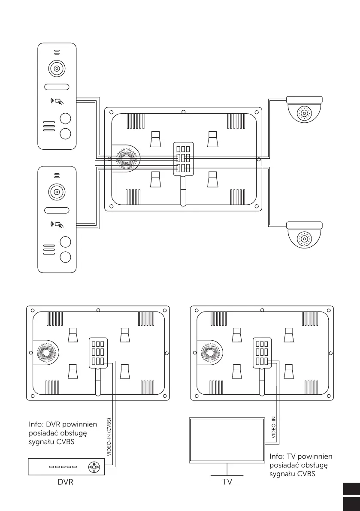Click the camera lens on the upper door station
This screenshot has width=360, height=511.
[57, 69]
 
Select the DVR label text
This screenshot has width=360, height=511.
[66, 482]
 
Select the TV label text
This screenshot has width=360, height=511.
[227, 482]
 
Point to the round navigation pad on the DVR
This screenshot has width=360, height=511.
[94, 466]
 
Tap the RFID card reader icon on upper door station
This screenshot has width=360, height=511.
[57, 102]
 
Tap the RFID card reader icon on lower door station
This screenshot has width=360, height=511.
[57, 224]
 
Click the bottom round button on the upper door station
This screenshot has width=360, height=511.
[65, 133]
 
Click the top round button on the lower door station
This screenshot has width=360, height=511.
[65, 242]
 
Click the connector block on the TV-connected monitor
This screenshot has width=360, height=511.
[261, 353]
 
